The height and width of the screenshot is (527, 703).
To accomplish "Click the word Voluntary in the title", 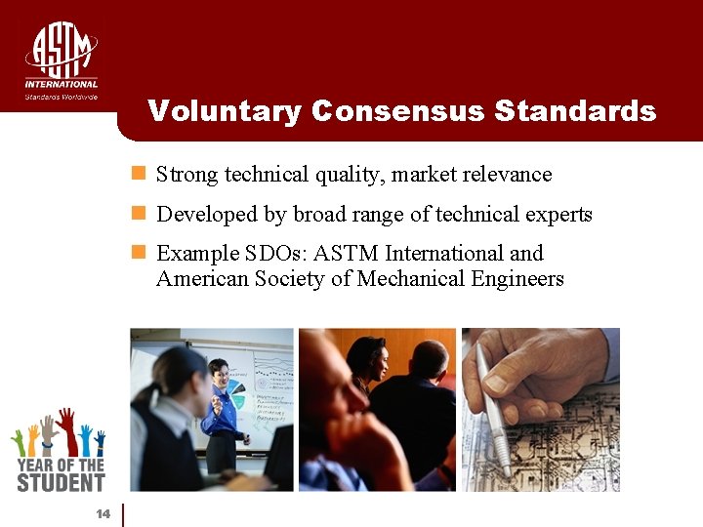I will (225, 111).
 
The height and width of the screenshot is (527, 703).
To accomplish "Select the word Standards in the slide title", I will (575, 111).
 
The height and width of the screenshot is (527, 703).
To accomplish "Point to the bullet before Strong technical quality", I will (139, 175).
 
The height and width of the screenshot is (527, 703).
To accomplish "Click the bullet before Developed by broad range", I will (139, 214).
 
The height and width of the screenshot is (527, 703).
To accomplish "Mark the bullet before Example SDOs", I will (139, 253).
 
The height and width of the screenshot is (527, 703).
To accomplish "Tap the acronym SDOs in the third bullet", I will (276, 254).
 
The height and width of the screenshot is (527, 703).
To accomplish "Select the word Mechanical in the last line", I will (413, 279).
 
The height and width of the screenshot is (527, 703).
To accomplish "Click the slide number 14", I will (103, 514).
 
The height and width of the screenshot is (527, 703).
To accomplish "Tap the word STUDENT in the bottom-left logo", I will (60, 481).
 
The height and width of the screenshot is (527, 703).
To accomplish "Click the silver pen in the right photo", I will (493, 410).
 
